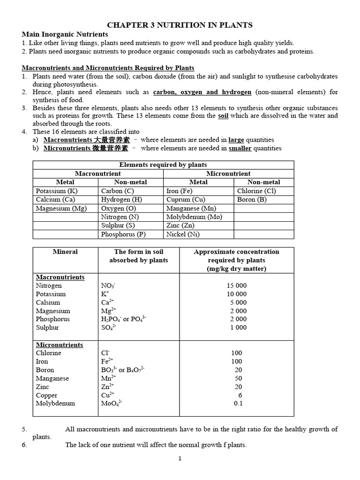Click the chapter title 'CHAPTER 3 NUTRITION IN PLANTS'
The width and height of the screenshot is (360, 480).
click(x=180, y=25)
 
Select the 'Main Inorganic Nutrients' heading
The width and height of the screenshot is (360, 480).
click(x=65, y=34)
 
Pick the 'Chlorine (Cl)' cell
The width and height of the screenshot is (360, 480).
click(x=256, y=191)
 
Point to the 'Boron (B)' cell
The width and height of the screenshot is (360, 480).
click(x=253, y=199)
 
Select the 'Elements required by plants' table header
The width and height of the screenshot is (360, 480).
click(x=163, y=165)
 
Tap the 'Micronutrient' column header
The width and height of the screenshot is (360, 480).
click(x=228, y=173)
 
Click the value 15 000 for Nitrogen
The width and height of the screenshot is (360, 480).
click(x=236, y=285)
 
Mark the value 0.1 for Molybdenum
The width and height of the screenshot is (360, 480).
click(x=238, y=403)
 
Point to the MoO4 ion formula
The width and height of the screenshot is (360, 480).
click(x=112, y=403)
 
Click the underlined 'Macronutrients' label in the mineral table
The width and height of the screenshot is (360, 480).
click(x=60, y=277)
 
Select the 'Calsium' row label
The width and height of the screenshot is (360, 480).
click(x=48, y=302)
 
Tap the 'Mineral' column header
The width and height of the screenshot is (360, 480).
click(x=65, y=252)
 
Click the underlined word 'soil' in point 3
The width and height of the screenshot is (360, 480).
click(x=223, y=116)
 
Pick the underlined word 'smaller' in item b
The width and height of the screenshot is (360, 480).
click(x=240, y=148)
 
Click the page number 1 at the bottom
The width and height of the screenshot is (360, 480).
click(x=180, y=459)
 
